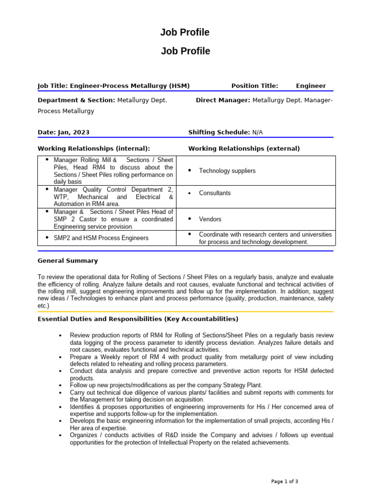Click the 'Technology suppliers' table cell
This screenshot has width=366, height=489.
pos(227,171)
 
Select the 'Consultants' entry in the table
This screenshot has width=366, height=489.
pos(214,193)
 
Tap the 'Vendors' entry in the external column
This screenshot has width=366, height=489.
pos(210,219)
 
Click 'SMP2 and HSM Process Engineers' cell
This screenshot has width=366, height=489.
pos(101,238)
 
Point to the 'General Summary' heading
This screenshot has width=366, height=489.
pos(68,261)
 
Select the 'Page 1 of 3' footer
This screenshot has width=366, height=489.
pos(285,481)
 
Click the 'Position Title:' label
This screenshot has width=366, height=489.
pos(254,86)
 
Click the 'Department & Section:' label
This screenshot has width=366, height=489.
pos(76,100)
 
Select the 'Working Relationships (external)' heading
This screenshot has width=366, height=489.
pos(244,149)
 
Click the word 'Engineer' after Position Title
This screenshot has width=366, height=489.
pos(311,86)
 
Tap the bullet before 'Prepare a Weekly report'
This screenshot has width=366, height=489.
pos(60,357)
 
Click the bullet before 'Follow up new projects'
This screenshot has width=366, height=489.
pos(60,385)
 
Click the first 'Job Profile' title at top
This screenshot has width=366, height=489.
pos(185,32)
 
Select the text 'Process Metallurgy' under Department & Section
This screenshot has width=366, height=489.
pos(66,111)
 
